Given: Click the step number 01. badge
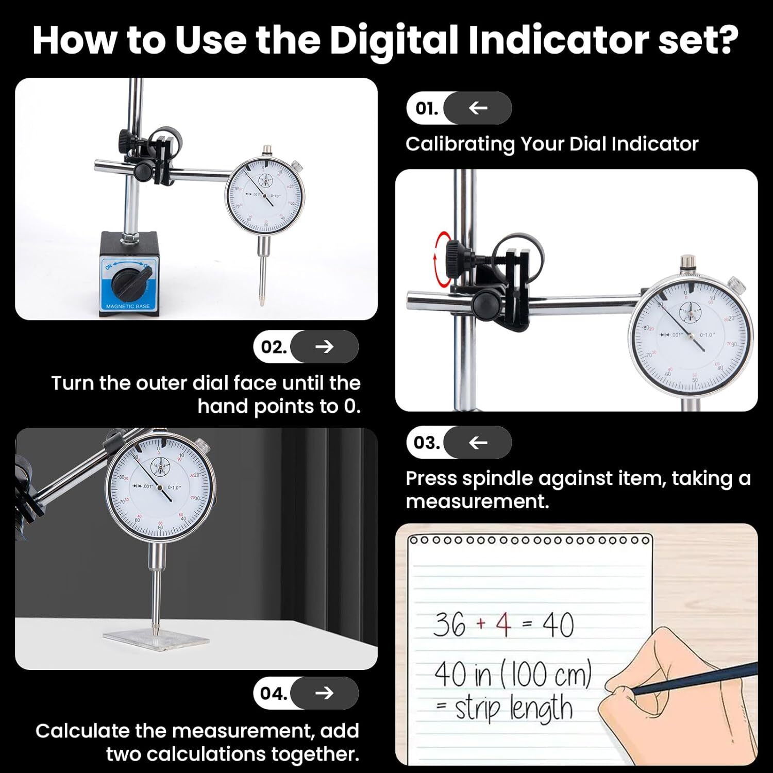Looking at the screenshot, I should tap(427, 108).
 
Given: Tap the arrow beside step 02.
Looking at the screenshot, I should tap(324, 347).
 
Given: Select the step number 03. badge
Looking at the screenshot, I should tap(427, 443).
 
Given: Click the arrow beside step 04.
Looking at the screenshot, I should tap(324, 693).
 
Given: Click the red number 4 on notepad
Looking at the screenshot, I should tap(503, 624).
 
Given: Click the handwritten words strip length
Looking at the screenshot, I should tap(513, 709).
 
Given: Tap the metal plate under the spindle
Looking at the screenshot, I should tap(156, 640).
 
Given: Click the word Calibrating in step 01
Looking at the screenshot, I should tap(460, 144).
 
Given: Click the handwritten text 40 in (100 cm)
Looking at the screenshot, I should tap(513, 675).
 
